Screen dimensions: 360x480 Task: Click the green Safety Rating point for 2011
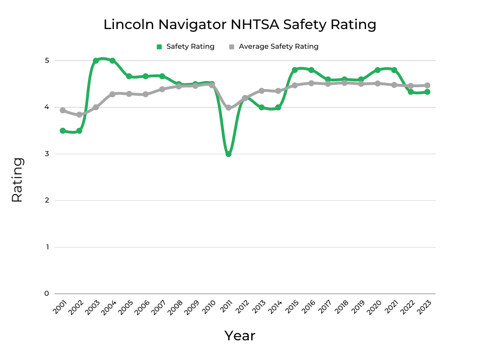pos(228,154)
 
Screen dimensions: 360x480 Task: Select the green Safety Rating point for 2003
pos(96,60)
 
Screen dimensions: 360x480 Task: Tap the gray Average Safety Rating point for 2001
pos(62,110)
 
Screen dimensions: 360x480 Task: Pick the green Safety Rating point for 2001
pos(62,131)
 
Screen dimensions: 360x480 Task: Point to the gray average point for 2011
pos(228,108)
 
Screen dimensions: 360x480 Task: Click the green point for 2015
pos(295,70)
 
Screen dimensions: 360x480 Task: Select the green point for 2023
pos(427,92)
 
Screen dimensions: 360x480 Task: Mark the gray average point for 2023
pos(427,85)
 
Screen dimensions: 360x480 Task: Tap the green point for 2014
pos(278,107)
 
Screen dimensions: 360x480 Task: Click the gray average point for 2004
pos(112,94)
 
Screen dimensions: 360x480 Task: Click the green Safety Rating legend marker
pos(159,46)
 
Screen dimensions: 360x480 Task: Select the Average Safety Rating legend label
pos(278,46)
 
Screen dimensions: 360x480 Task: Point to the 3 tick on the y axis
pos(46,154)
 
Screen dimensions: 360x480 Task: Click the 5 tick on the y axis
pos(46,60)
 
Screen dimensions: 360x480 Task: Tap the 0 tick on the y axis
pos(46,293)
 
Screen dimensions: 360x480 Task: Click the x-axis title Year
pos(240,336)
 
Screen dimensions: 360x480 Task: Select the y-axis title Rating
pos(17,180)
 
